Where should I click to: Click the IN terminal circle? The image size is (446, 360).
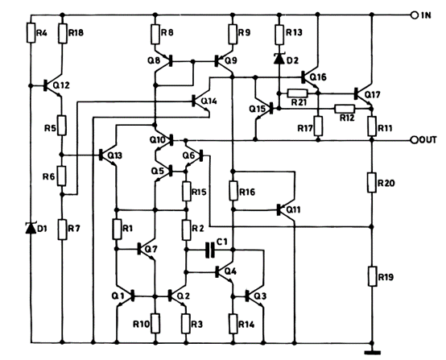point(415,14)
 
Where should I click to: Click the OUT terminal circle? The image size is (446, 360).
point(415,140)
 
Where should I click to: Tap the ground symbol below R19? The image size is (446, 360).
point(372,353)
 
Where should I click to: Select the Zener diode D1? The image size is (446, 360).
point(31,228)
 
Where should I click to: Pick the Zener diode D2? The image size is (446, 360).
point(279,58)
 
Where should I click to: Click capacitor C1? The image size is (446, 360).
point(210,250)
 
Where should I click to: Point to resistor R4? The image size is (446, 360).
point(31,33)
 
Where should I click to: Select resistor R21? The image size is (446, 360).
point(298,93)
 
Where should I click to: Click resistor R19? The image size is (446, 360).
point(372,275)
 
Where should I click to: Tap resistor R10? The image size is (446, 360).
point(155,323)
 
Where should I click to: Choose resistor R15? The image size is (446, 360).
point(187,191)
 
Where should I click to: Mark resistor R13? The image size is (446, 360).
point(279,34)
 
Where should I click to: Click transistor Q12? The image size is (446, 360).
point(53,85)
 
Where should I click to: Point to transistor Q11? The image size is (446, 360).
point(286,210)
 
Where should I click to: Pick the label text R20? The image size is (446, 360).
point(386,183)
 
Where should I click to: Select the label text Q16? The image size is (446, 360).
point(318,77)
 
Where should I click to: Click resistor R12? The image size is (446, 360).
point(345,109)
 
